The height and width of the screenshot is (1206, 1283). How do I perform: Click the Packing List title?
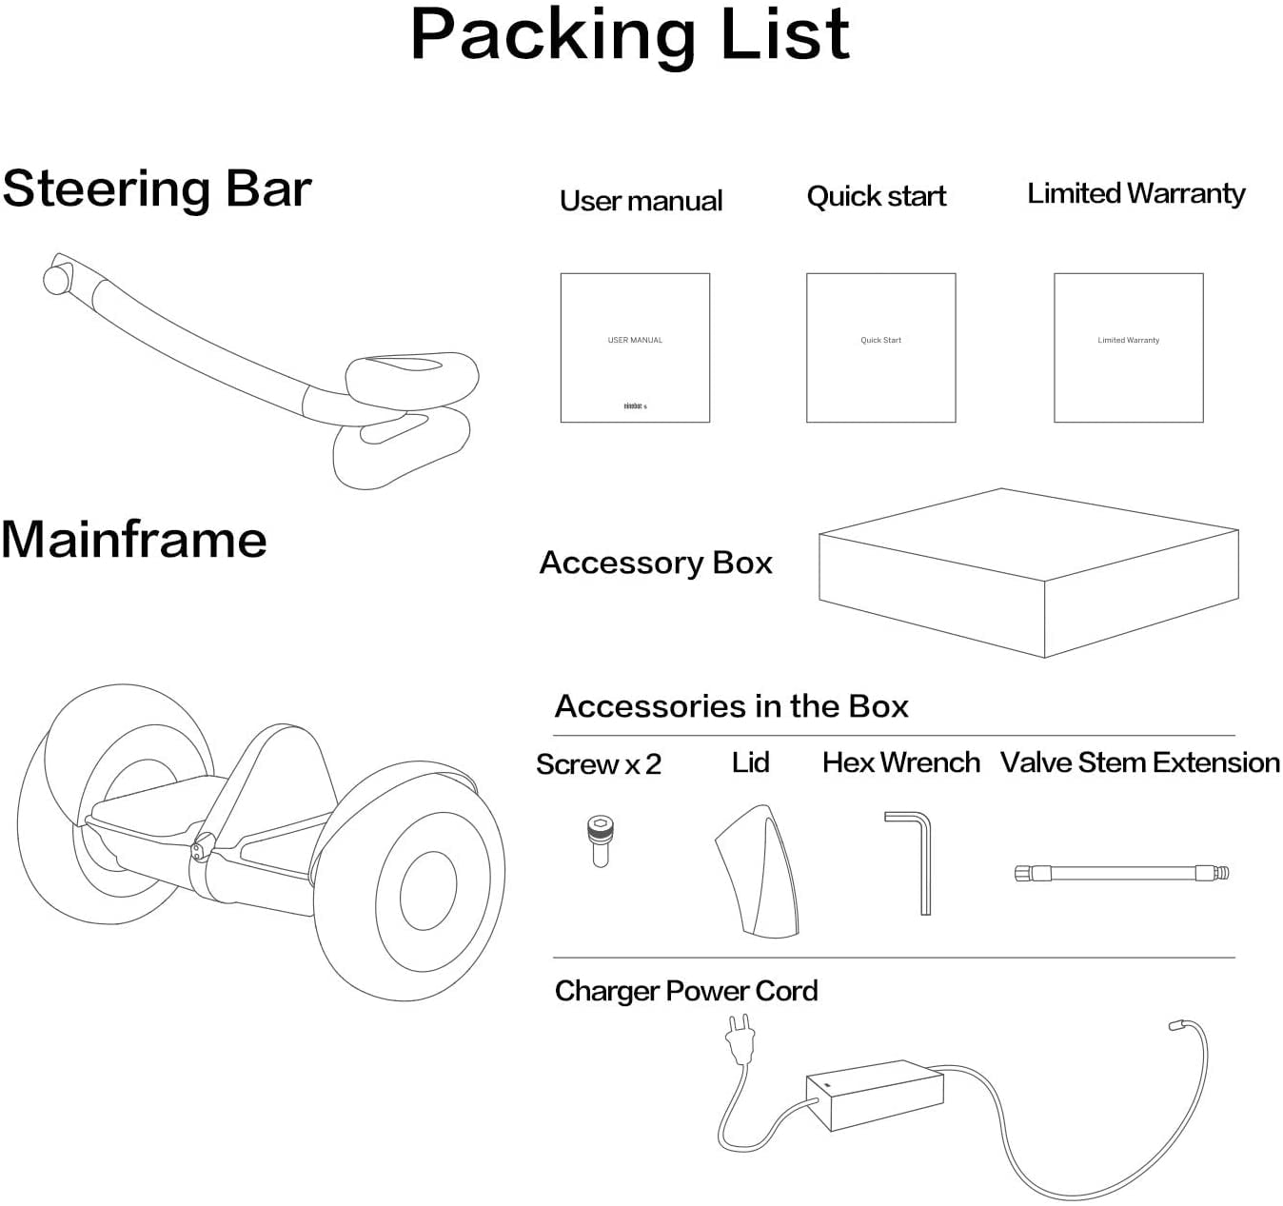[629, 35]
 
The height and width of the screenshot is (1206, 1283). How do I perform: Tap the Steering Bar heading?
[157, 188]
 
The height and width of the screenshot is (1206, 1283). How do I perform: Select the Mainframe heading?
[134, 540]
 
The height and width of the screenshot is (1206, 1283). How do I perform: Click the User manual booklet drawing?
[635, 347]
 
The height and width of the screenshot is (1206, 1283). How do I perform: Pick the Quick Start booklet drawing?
[880, 347]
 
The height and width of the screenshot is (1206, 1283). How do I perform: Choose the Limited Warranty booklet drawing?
[1128, 347]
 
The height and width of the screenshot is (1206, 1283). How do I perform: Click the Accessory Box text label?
[656, 563]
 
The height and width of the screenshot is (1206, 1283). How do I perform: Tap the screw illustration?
[600, 840]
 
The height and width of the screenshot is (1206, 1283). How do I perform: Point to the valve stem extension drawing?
[1121, 872]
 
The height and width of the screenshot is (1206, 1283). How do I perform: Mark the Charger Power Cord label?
[685, 991]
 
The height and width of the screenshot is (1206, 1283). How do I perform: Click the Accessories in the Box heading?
[731, 706]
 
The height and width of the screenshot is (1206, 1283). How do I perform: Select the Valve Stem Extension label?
[1139, 762]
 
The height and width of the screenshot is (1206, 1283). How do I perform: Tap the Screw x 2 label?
[598, 764]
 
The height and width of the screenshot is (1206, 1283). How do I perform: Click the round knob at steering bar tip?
[56, 279]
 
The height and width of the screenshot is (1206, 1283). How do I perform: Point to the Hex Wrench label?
[900, 762]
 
